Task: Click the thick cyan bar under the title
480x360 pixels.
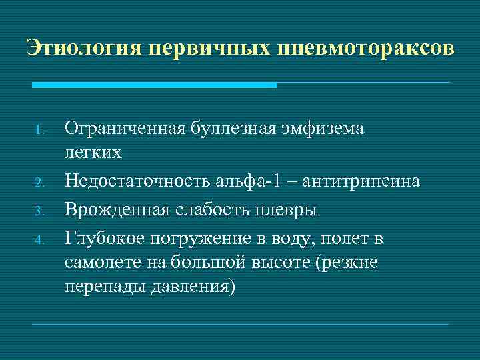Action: click(x=154, y=85)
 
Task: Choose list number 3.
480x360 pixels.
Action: click(x=39, y=211)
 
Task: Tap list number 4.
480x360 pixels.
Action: click(x=39, y=238)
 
